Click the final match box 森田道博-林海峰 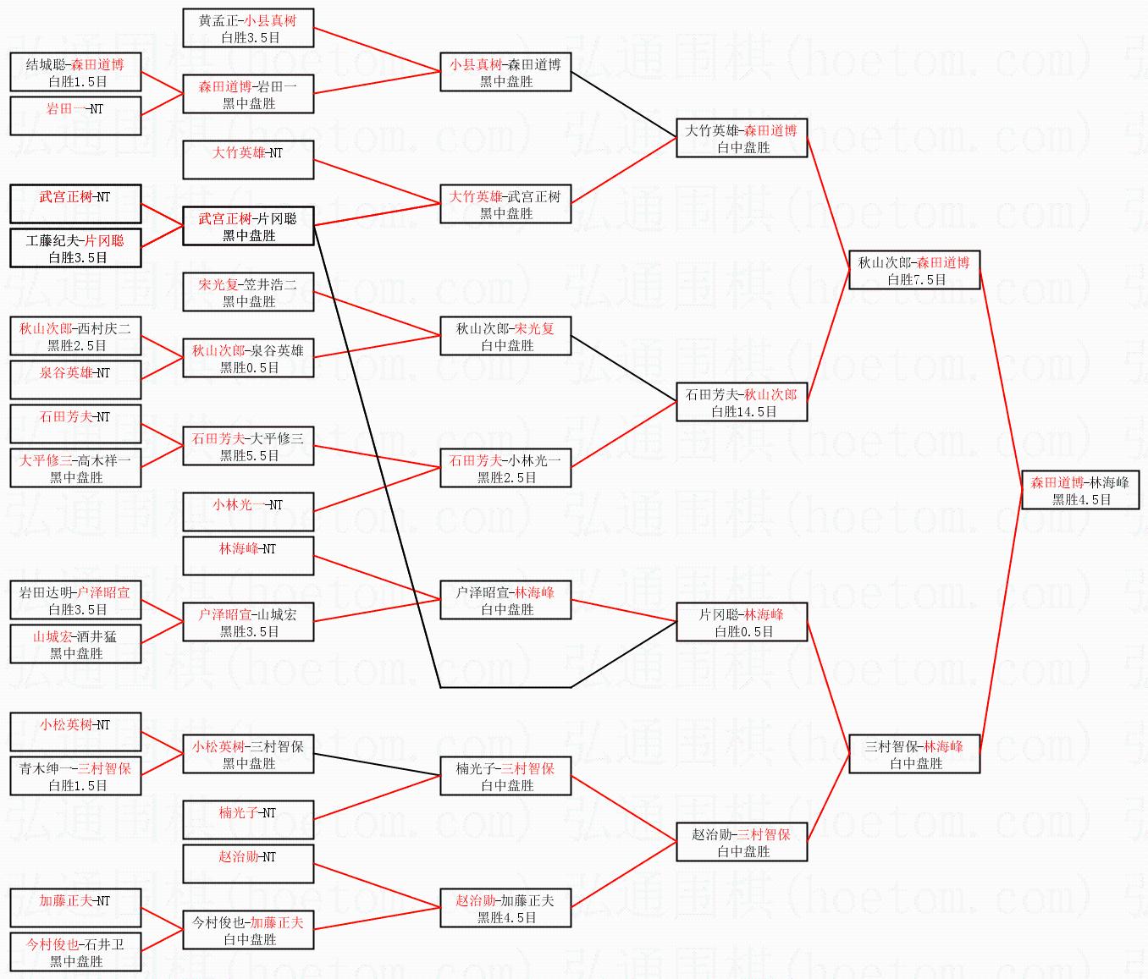pos(1079,491)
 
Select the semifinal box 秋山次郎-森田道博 pos(914,271)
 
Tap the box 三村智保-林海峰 pos(914,755)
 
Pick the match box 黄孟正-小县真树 pos(248,29)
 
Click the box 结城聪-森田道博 pos(75,73)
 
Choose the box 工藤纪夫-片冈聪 pos(75,249)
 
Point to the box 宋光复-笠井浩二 pos(248,293)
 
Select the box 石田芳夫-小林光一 pos(505,469)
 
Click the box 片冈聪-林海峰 pos(742,623)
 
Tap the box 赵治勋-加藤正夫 pos(505,909)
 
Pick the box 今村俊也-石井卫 pos(75,953)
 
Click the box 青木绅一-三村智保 pos(75,777)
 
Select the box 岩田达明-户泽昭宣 pos(75,601)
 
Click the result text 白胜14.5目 pos(743,412)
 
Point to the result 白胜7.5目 pos(916,280)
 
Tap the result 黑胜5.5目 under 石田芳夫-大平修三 pos(249,456)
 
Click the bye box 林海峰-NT pos(248,557)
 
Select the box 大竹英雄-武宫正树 pos(505,205)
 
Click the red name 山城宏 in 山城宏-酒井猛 pos(51,636)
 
